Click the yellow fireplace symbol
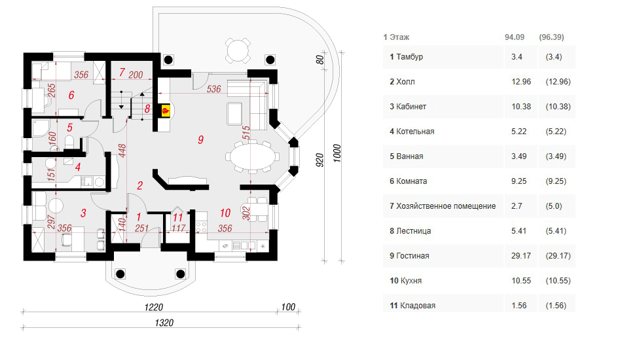pos(166,111)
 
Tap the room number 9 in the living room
pos(201,139)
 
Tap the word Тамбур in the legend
pos(410,57)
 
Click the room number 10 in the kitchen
pos(225,213)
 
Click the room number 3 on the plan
pos(83,213)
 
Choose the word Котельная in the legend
pos(415,132)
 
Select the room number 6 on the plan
pos(71,96)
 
